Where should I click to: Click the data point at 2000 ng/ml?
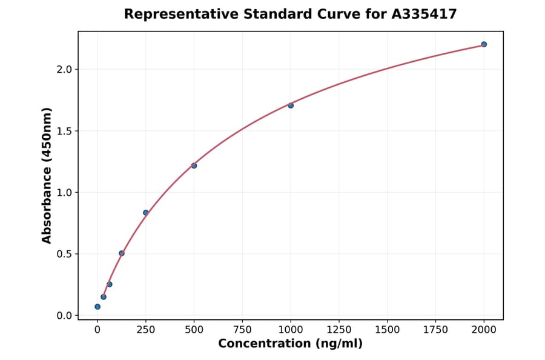[x=484, y=44]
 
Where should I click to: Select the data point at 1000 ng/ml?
[x=291, y=105]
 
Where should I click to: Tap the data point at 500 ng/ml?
[x=194, y=165]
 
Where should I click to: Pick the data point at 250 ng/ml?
[x=146, y=213]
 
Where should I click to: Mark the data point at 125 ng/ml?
[x=122, y=253]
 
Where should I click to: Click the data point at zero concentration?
[x=97, y=307]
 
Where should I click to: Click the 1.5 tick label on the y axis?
[x=64, y=131]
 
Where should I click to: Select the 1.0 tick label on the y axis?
[x=64, y=193]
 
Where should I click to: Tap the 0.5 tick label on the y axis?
[x=64, y=254]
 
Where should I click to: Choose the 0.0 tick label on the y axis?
[x=64, y=316]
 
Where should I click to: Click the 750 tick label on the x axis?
[x=242, y=329]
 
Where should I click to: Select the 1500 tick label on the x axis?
[x=388, y=329]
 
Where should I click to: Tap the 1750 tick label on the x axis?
[x=435, y=329]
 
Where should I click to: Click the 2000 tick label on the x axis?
[x=484, y=329]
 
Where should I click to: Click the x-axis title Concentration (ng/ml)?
[x=290, y=344]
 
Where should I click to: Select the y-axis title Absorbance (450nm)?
[x=47, y=175]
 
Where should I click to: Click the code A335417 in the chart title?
[x=423, y=14]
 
